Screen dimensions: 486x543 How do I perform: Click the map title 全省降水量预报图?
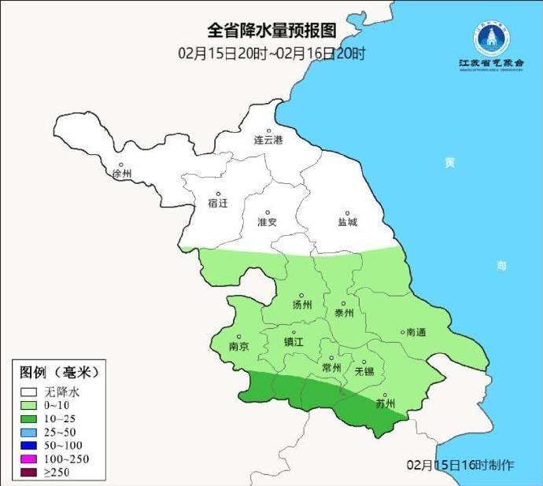pos(271,31)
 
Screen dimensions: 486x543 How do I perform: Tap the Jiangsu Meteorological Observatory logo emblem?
pos(491,37)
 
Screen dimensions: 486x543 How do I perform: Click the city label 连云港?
pos(268,140)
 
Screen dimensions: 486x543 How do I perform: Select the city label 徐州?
pos(123,173)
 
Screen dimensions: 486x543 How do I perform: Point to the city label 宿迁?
pos(217,203)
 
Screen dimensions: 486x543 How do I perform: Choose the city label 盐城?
pos(347,222)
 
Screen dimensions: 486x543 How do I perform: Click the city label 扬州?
pos(302,304)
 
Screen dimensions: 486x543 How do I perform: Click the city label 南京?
pos(238,346)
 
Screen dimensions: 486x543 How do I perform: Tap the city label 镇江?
pos(293,342)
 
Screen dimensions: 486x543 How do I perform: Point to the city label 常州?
pos(331,368)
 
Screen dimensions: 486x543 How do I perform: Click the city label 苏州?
pos(385,404)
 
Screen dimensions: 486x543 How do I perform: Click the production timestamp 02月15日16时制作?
pos(460,465)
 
